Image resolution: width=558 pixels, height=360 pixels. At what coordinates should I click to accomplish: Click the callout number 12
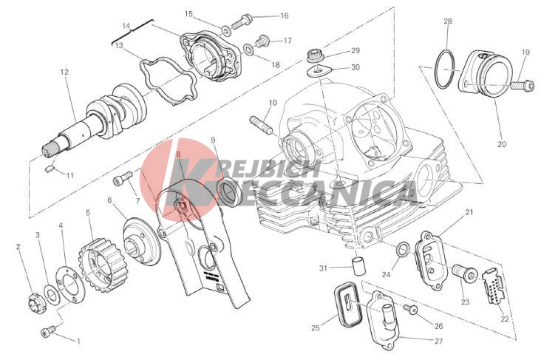coord(64,72)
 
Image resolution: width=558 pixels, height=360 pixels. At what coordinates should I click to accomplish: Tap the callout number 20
coord(501,144)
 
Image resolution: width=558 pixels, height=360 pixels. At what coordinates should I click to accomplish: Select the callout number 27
coord(438,341)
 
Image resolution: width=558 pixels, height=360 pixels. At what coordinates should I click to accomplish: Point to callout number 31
coord(323,268)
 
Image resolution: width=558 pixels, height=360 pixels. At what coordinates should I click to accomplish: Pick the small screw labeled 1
coord(48,331)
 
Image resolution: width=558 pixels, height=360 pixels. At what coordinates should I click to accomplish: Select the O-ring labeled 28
coord(445,69)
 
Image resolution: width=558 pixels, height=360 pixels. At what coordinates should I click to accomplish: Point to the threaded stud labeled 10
coord(262,125)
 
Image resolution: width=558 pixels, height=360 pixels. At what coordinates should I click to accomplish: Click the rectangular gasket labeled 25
coord(347,304)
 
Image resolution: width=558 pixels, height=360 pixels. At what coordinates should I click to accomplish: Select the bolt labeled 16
coord(242,21)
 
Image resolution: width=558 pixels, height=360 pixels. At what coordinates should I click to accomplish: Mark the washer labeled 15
coord(225,30)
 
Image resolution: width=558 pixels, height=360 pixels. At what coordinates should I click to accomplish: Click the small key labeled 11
coord(50,168)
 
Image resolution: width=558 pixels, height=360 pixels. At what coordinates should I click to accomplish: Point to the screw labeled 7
coord(123,178)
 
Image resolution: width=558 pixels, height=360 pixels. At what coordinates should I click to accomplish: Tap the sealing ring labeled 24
coord(403,251)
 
